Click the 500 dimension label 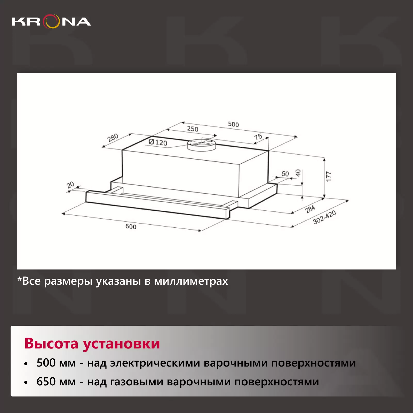(233, 124)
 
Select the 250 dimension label (193, 129)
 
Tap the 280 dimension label (113, 138)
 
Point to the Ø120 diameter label (158, 142)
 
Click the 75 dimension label (258, 137)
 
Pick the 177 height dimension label (328, 176)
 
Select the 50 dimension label (285, 174)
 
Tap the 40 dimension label (298, 173)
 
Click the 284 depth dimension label (310, 209)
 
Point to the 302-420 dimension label (324, 217)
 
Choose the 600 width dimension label (131, 226)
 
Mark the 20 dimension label (70, 185)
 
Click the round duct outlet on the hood (201, 145)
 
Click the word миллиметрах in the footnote (191, 281)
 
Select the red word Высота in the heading (51, 343)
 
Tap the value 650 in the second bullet (46, 382)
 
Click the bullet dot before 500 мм (26, 364)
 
